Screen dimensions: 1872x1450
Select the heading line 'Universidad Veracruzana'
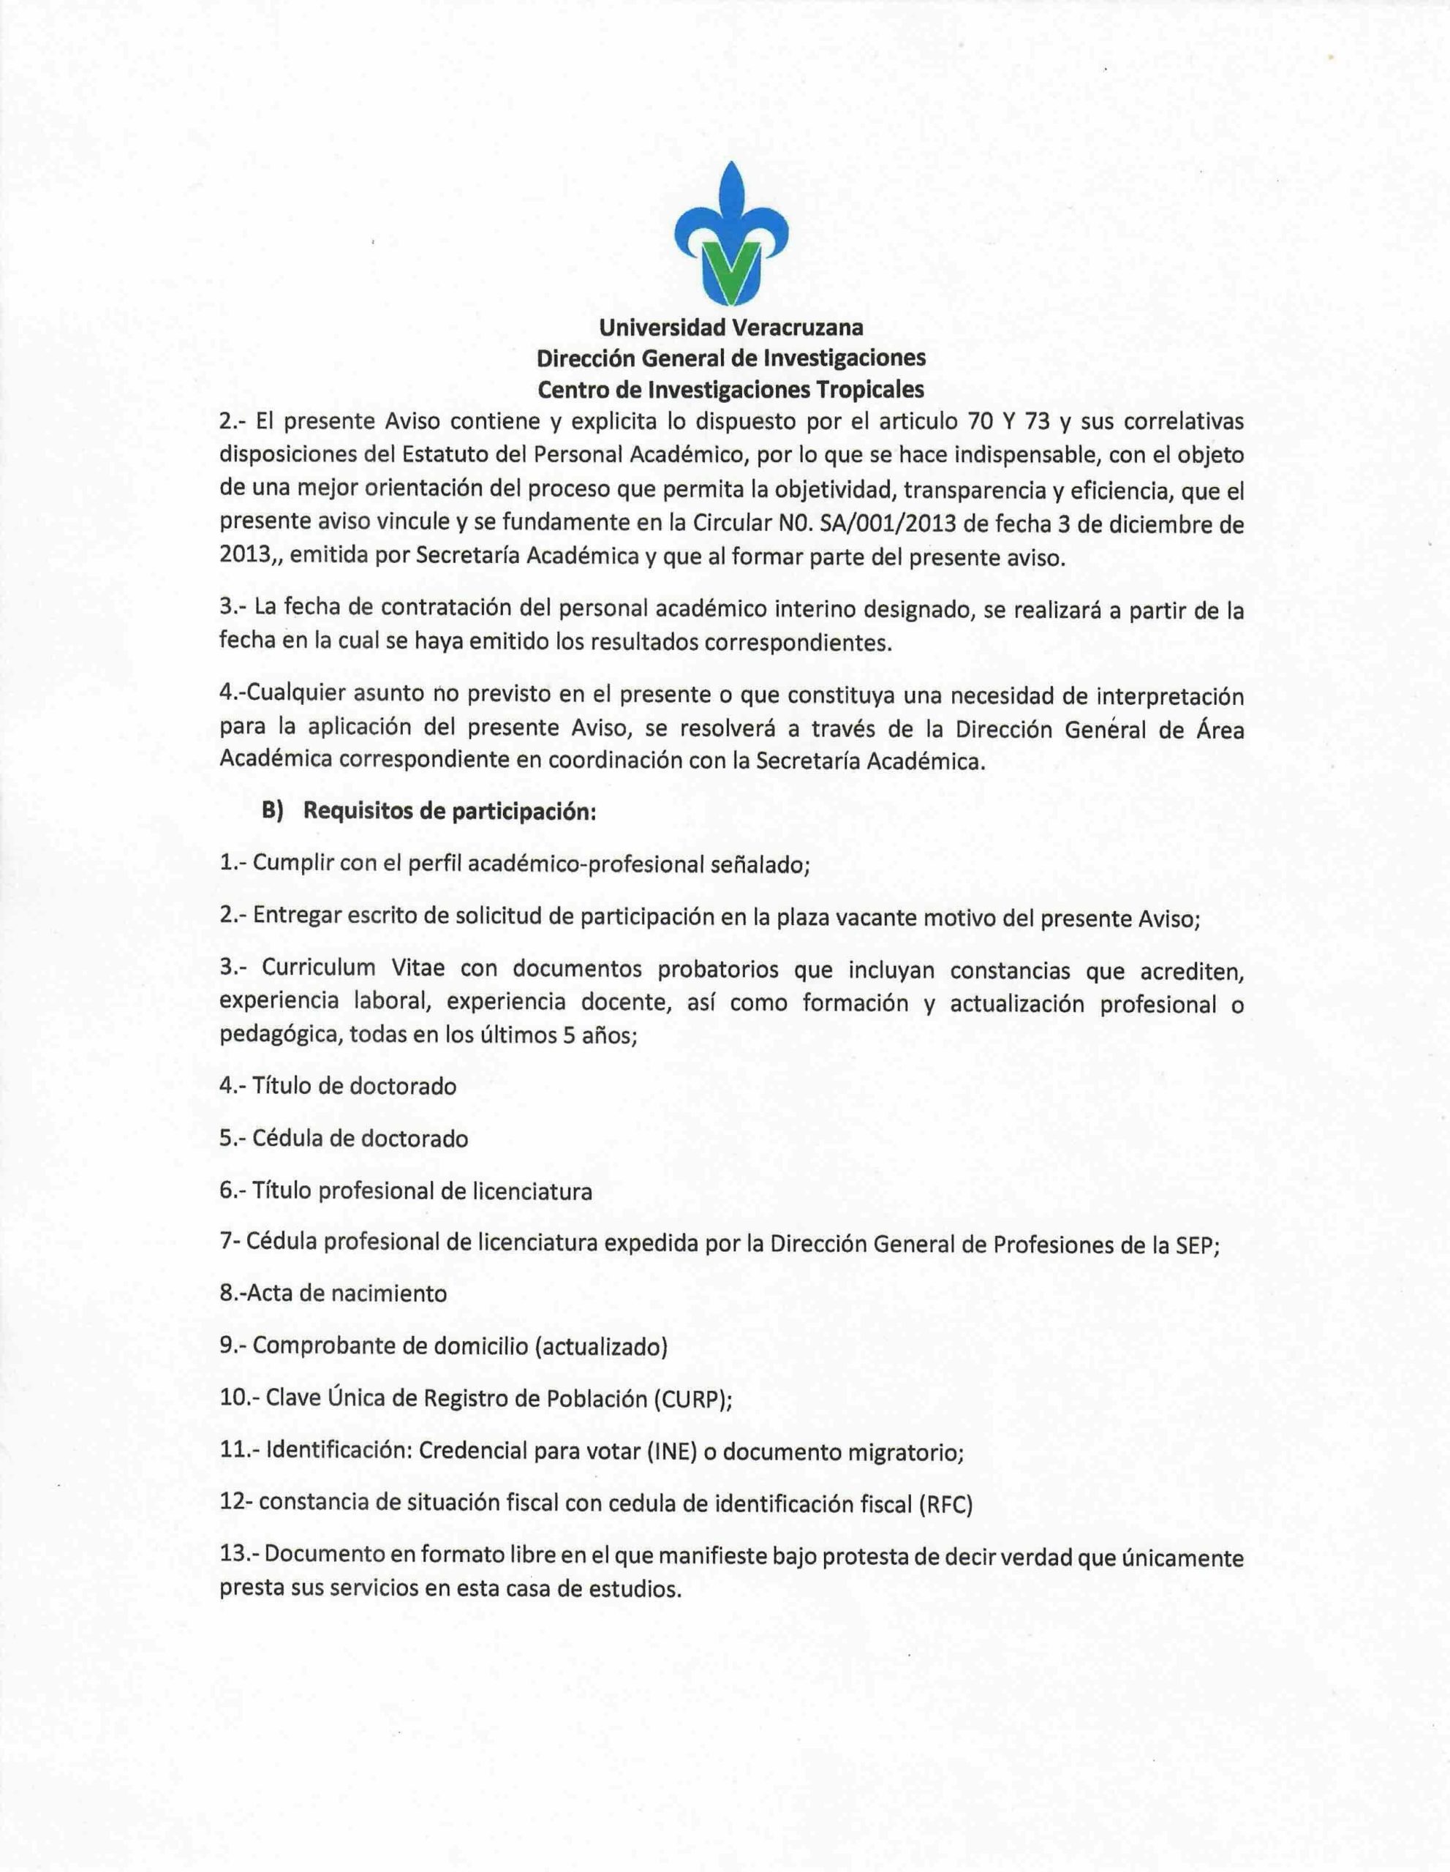pos(731,327)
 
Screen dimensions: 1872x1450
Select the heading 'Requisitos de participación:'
pos(450,812)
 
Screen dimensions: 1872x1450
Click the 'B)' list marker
pos(273,812)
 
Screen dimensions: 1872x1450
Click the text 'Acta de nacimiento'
pos(347,1293)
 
